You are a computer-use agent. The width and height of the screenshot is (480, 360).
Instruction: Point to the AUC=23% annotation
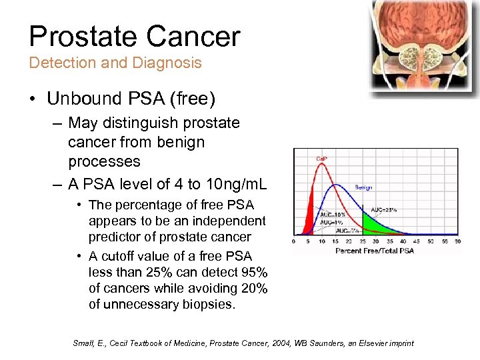pos(383,209)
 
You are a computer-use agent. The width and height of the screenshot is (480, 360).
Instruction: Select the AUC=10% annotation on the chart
pos(332,214)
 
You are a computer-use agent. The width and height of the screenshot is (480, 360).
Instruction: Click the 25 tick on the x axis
pos(361,241)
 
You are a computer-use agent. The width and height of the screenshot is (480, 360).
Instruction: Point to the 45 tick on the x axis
pos(417,241)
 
